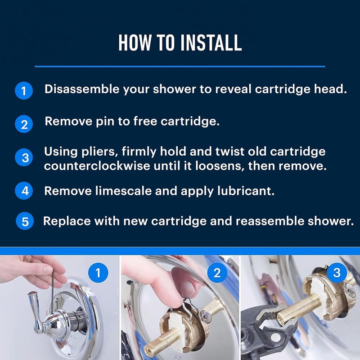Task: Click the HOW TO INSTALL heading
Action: [180, 43]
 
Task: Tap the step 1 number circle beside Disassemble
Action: [24, 90]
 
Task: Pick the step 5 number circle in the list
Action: [25, 221]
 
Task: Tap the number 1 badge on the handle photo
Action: [99, 273]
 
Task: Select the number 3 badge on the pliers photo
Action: [337, 273]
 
